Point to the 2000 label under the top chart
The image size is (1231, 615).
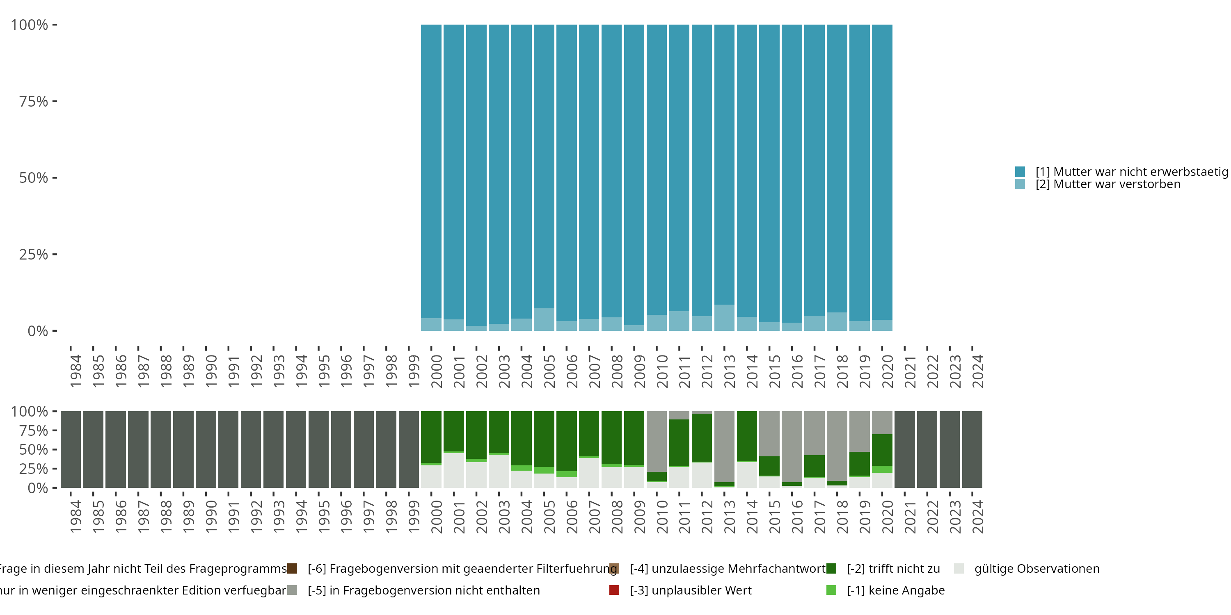tap(436, 371)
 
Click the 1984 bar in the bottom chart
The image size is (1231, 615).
tap(71, 449)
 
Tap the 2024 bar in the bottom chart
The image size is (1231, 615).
tap(972, 449)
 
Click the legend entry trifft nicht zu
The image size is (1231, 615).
tap(892, 569)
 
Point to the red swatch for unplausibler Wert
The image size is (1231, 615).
tap(615, 590)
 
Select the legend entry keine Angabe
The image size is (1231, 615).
tap(895, 590)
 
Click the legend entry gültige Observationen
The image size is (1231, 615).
tap(1036, 569)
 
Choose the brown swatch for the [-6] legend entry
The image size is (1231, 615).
tap(292, 569)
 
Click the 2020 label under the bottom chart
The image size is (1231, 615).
tap(887, 517)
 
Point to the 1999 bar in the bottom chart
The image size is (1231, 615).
tap(409, 449)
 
